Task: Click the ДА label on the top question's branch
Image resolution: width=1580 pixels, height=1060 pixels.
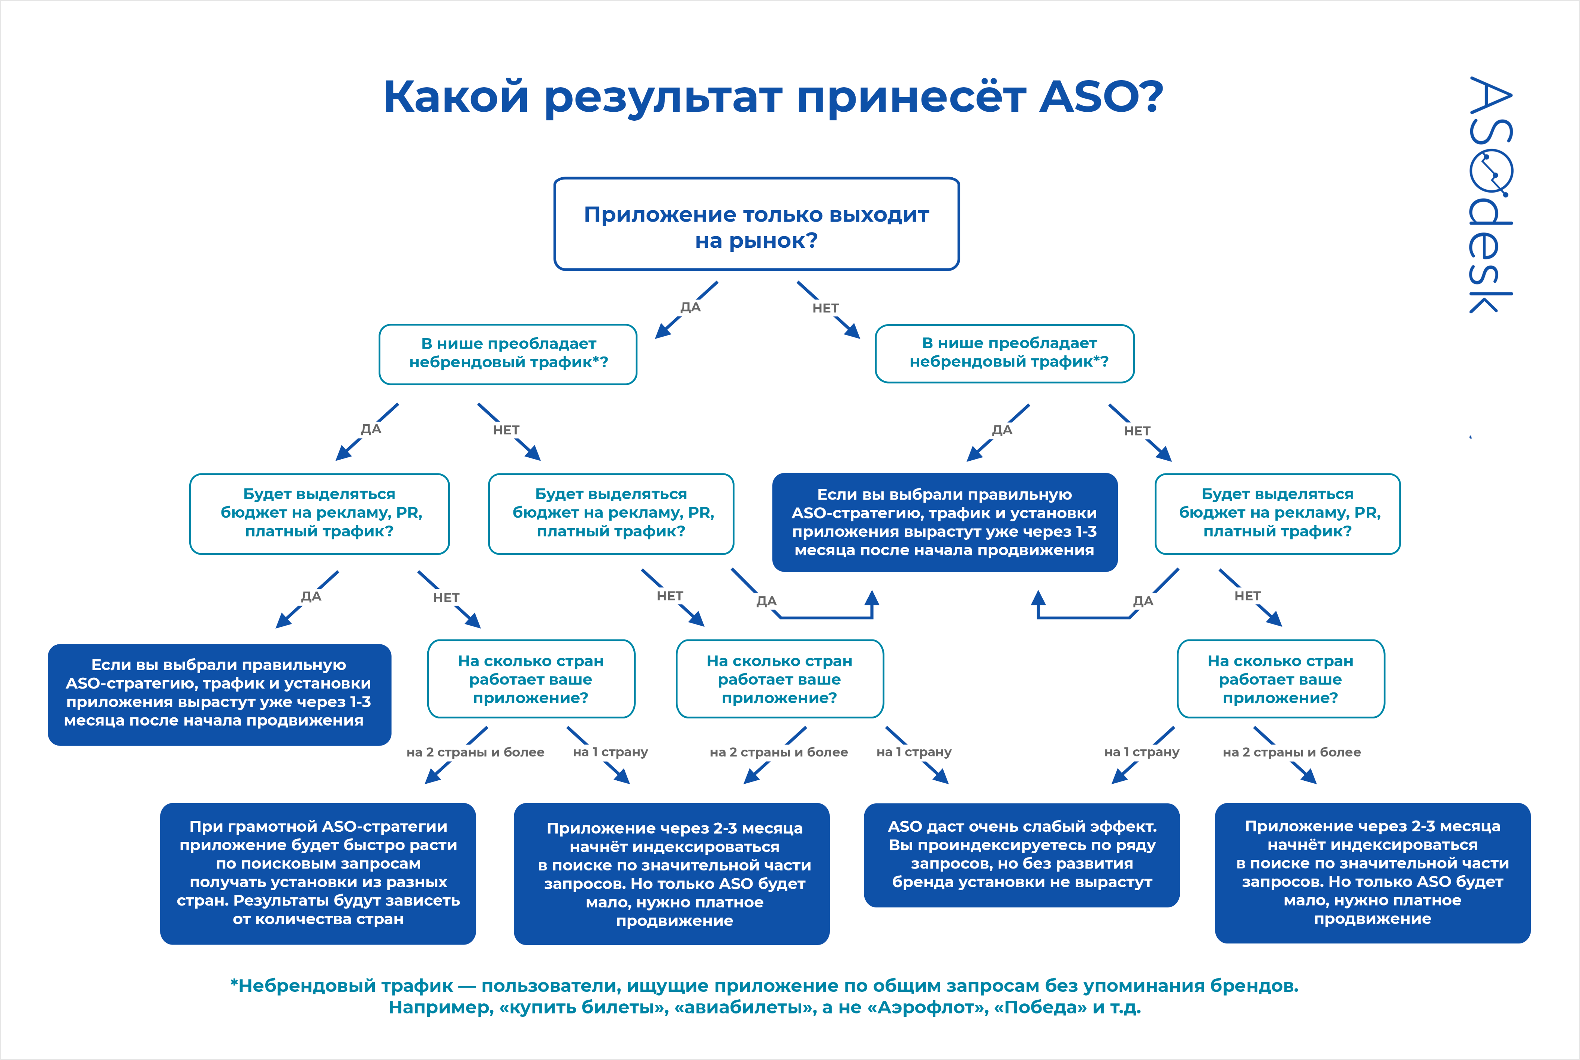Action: pos(690,307)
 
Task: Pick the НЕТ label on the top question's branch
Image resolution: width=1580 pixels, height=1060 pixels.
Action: pos(825,308)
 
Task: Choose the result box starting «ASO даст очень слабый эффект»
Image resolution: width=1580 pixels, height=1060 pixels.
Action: pos(1021,855)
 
